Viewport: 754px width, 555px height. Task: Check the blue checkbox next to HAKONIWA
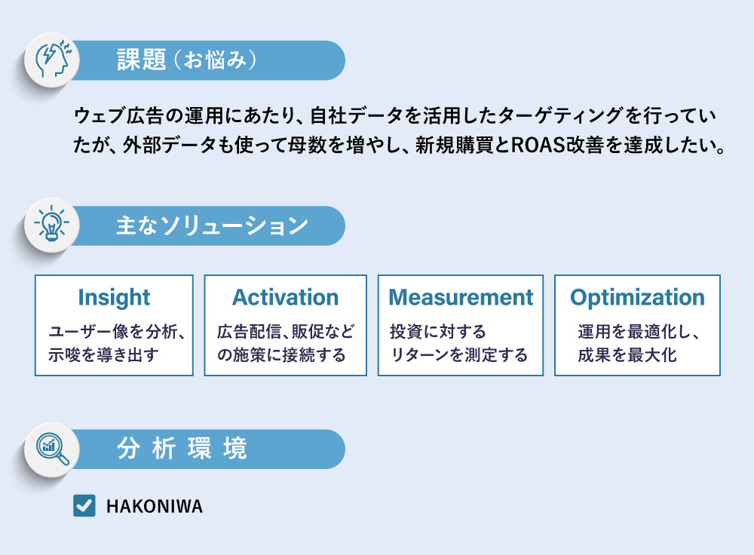[84, 505]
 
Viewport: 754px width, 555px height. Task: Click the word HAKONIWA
[155, 506]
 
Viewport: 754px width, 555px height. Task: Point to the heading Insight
[114, 297]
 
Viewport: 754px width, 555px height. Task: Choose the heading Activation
[285, 297]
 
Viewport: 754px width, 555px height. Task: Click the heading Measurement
[461, 297]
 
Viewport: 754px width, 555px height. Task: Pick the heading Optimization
[637, 297]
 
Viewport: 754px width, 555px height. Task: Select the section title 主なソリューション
[212, 225]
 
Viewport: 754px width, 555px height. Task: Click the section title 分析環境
[182, 449]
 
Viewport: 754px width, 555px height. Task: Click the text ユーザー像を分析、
[117, 332]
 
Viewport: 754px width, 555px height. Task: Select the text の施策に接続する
[281, 354]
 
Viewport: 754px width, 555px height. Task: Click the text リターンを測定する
[459, 354]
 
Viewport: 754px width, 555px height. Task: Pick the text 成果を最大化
[627, 354]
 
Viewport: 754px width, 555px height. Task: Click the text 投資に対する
[438, 332]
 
